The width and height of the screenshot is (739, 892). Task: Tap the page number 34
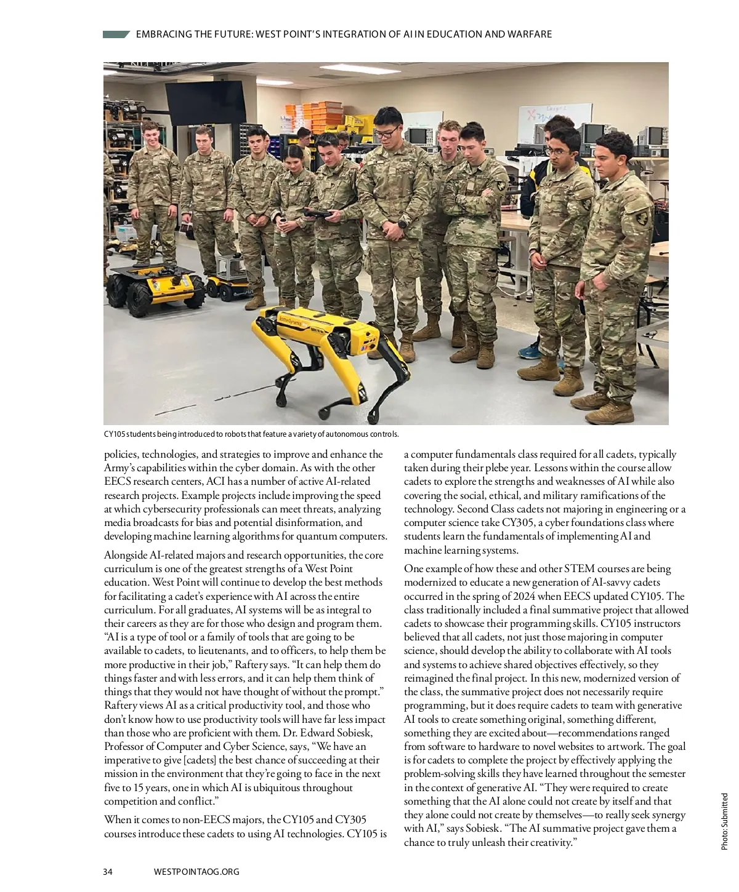click(108, 871)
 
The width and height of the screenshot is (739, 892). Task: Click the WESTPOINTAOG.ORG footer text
click(196, 871)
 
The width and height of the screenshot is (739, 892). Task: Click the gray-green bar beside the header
click(116, 34)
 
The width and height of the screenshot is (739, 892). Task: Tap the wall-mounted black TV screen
click(195, 102)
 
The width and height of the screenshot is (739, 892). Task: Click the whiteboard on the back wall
click(554, 120)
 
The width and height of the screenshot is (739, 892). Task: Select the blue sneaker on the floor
click(530, 352)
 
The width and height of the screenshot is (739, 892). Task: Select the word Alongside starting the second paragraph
click(126, 556)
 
